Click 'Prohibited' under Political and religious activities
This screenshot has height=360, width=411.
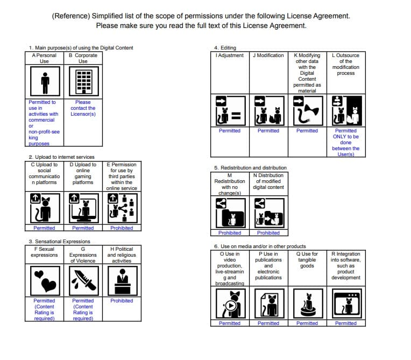click(122, 301)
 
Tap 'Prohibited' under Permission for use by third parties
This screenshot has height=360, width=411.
click(122, 228)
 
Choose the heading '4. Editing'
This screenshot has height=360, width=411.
click(225, 48)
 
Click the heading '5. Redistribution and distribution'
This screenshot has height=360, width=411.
click(250, 168)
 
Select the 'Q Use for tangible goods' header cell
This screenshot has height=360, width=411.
click(307, 260)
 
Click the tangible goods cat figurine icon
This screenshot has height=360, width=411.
click(307, 305)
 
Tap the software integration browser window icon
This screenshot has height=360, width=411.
click(346, 305)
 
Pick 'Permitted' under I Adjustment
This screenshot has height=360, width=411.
click(230, 131)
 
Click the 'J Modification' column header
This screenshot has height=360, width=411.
click(268, 55)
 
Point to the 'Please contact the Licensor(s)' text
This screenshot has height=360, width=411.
click(83, 108)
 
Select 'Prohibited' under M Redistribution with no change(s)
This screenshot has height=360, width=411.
click(230, 233)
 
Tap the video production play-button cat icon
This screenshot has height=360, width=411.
click(230, 305)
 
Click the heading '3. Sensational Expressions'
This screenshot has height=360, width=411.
click(59, 242)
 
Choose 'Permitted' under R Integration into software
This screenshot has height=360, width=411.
click(346, 323)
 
